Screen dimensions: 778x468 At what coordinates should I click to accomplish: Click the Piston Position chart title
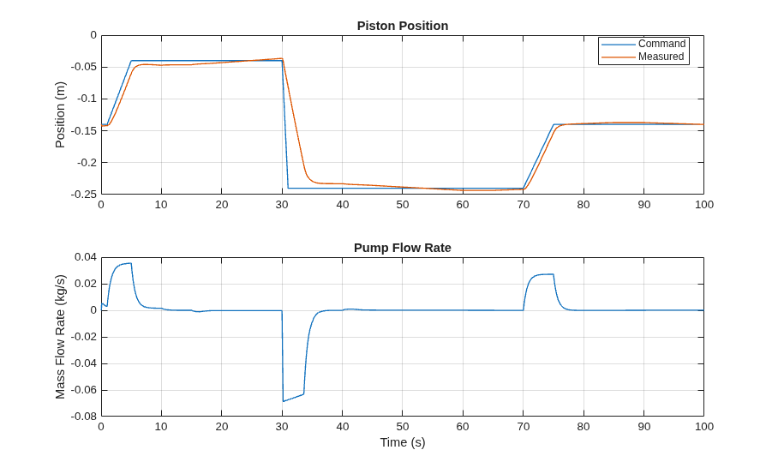[x=403, y=26]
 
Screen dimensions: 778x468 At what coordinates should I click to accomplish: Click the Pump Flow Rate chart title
[x=403, y=248]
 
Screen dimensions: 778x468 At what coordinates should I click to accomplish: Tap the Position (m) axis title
[x=60, y=115]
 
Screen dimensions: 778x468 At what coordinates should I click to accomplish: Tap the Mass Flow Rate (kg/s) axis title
[x=60, y=337]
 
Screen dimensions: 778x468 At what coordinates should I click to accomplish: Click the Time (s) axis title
[x=403, y=442]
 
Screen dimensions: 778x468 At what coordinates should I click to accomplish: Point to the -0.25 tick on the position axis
[x=84, y=194]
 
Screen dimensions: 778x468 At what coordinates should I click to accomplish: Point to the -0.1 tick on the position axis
[x=87, y=99]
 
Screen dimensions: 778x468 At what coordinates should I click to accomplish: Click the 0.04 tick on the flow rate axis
[x=86, y=257]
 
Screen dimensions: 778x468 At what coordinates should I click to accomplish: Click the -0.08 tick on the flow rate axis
[x=84, y=416]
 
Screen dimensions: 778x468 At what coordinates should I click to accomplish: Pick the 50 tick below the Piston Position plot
[x=403, y=205]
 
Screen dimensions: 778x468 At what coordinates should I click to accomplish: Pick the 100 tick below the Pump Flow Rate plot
[x=703, y=426]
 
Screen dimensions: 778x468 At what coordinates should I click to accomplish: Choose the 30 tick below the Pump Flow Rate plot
[x=282, y=426]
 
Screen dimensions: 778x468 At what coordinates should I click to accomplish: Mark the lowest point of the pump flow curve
[x=284, y=401]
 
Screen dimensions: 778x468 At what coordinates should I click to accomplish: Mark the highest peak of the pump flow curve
[x=130, y=263]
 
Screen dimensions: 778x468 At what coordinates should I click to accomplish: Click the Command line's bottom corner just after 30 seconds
[x=288, y=188]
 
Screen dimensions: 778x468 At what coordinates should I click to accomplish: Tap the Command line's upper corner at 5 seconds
[x=131, y=61]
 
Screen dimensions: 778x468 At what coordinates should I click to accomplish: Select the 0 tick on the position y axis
[x=93, y=35]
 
